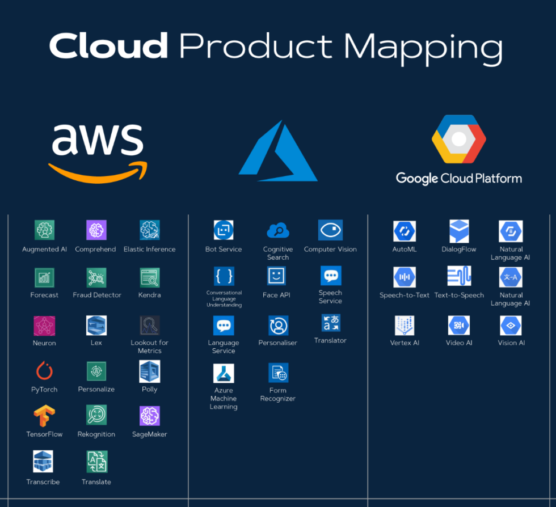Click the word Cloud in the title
click(108, 46)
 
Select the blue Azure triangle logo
click(277, 151)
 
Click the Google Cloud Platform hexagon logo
click(458, 140)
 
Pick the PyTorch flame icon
click(44, 371)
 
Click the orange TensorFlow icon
click(44, 416)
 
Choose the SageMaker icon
click(150, 416)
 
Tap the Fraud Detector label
click(97, 295)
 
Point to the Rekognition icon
click(96, 415)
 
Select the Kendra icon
click(150, 277)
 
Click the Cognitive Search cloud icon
click(278, 231)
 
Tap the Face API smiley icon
click(277, 276)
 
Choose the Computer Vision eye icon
click(330, 230)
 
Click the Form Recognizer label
click(278, 394)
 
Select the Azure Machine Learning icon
click(224, 373)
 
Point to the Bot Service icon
click(224, 230)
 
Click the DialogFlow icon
click(459, 231)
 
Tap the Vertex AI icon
click(405, 326)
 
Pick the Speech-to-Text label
click(405, 295)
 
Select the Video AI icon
click(459, 326)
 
